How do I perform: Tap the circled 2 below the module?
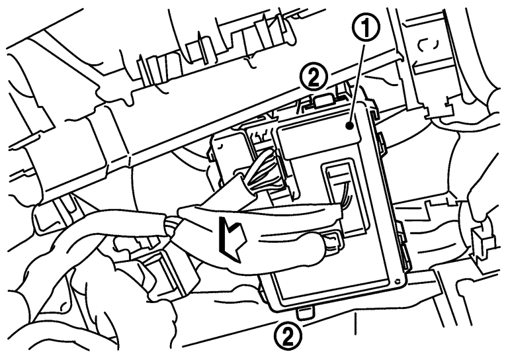[x=288, y=337]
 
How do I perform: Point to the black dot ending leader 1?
[x=349, y=125]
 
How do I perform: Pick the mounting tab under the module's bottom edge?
[x=304, y=313]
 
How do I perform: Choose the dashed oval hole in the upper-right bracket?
[x=428, y=46]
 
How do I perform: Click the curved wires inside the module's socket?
[x=345, y=195]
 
